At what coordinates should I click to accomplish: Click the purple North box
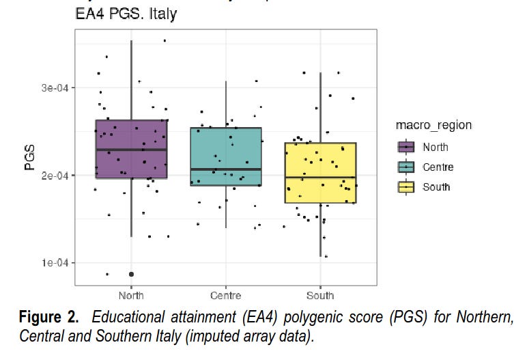tap(131, 164)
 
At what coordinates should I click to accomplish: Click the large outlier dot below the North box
tap(131, 274)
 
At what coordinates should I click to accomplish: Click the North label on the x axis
tap(131, 296)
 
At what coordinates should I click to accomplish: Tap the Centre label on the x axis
tap(225, 296)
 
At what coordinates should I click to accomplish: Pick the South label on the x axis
tap(320, 296)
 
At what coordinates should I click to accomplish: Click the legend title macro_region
tap(433, 125)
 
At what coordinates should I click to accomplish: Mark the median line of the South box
tap(320, 177)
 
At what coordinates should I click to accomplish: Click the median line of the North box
tap(131, 149)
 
